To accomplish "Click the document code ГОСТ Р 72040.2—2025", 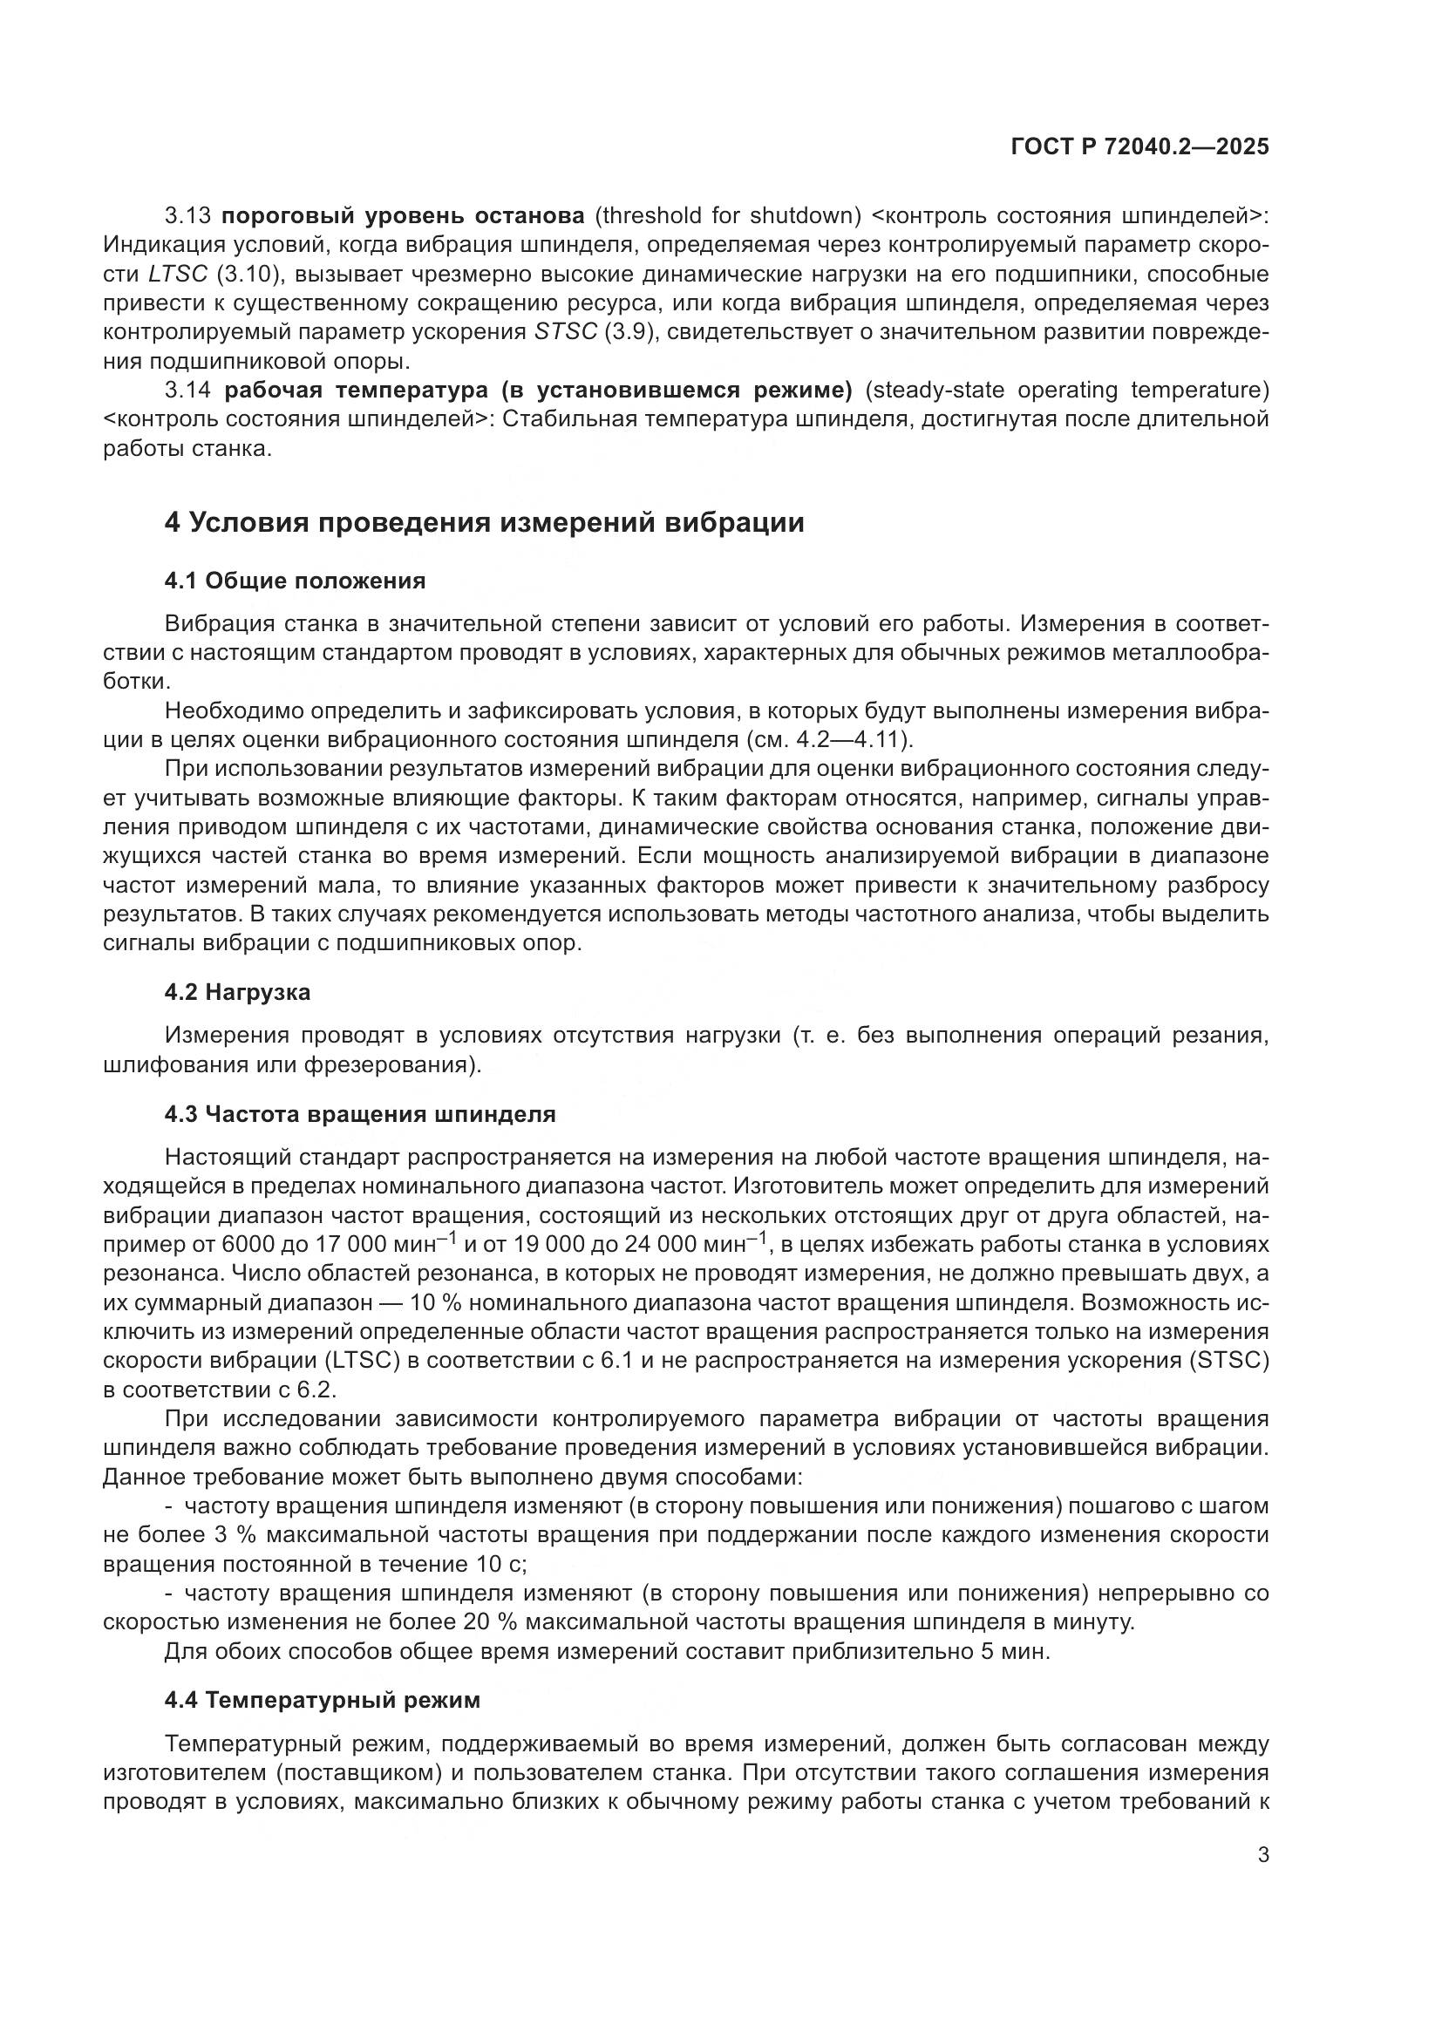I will pos(1139,147).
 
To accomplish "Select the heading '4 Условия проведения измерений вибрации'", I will pos(484,522).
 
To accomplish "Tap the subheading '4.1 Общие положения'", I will pos(295,581).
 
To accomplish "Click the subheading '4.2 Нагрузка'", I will pos(237,992).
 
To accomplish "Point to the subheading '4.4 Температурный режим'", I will pos(323,1700).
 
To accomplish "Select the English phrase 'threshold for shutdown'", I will pos(729,215).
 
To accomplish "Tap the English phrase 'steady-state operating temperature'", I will pos(1064,390).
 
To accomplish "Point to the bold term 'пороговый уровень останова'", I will pos(403,215).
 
